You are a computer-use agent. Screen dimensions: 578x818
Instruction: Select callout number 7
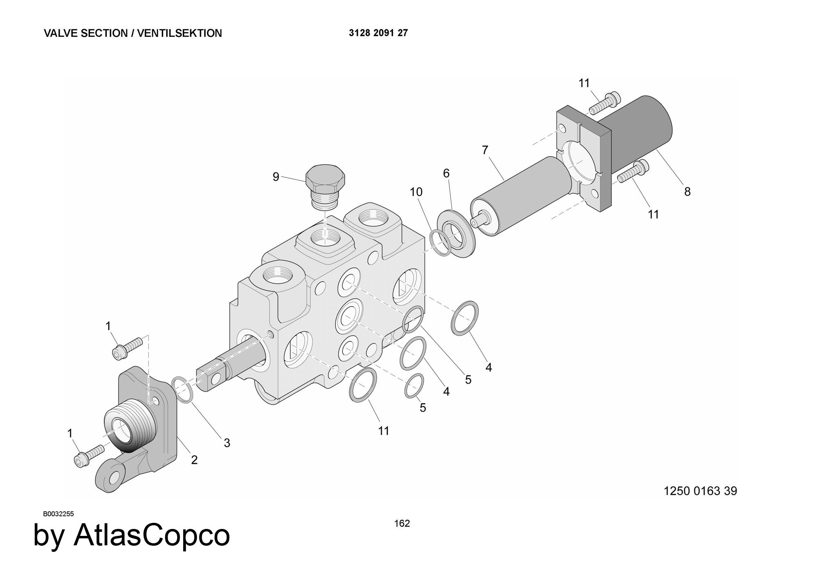click(485, 150)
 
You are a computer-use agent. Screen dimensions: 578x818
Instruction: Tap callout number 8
click(687, 191)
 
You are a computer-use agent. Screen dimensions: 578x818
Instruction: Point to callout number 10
click(416, 192)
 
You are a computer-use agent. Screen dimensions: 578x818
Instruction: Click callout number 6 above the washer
click(446, 173)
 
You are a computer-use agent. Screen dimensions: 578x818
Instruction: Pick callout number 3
click(227, 443)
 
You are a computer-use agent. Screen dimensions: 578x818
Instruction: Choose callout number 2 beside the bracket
click(194, 460)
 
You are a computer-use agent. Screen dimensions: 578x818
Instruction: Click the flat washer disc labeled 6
click(456, 233)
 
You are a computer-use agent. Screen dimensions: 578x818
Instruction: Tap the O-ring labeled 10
click(440, 243)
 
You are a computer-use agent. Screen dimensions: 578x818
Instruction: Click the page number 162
click(402, 524)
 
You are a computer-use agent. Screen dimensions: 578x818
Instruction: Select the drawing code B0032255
click(58, 514)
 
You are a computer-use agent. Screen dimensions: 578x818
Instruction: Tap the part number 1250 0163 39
click(700, 491)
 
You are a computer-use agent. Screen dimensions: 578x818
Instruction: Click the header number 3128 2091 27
click(378, 33)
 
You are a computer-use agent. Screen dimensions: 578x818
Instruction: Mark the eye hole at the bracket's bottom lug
click(114, 477)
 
